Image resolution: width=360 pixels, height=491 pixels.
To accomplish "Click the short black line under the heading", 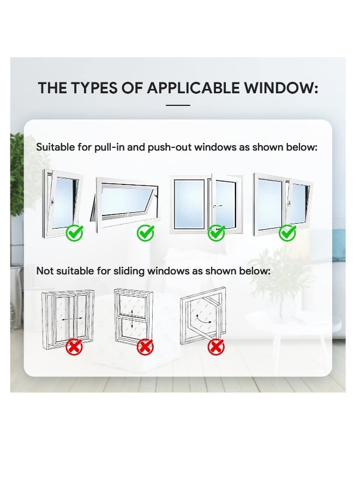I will coord(177,105).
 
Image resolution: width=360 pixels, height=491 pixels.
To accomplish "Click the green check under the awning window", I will coord(145,233).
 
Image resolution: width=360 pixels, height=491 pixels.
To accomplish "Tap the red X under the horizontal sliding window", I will coord(74,346).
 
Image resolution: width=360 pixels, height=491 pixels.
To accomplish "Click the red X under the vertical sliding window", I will coord(145,346).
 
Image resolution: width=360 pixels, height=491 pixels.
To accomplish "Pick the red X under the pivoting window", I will coord(216,346).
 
